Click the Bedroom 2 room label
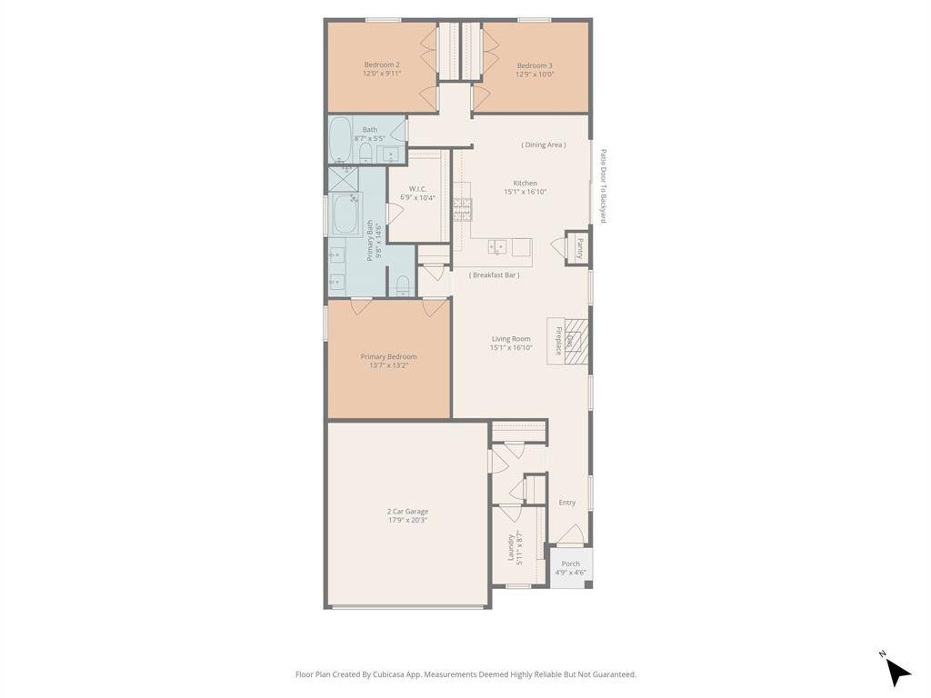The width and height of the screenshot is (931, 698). (x=382, y=65)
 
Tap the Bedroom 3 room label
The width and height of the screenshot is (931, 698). (x=535, y=65)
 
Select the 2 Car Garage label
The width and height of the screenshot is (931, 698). (x=406, y=512)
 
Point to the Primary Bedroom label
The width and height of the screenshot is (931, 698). (x=388, y=357)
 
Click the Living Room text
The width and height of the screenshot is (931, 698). (x=510, y=339)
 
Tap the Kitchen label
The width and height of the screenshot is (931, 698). (x=525, y=184)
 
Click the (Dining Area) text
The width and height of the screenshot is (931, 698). (x=544, y=145)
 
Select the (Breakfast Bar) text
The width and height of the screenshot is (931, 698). (x=495, y=274)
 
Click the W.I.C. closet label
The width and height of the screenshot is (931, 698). (x=417, y=189)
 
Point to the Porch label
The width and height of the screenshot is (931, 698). (x=571, y=563)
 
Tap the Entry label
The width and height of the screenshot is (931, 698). (x=566, y=503)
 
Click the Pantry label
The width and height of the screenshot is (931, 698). (x=579, y=248)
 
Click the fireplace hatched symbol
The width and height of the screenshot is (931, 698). (x=576, y=340)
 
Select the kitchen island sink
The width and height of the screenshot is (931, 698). (x=497, y=246)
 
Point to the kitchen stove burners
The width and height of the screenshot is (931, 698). (x=462, y=209)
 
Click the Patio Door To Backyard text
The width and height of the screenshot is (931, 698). (x=602, y=186)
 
